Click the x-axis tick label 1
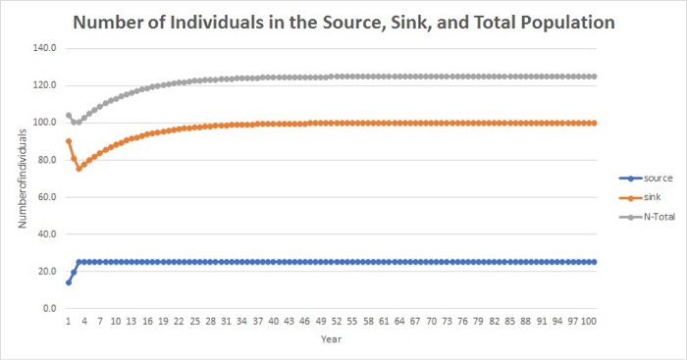68,321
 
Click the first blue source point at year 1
68,283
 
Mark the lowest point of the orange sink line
79,169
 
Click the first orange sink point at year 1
68,141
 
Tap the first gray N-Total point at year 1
68,115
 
